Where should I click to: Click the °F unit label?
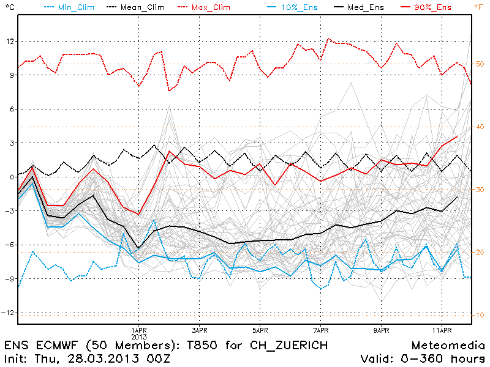click(478, 7)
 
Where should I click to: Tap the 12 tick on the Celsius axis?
click(9, 41)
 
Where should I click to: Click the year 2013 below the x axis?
click(139, 336)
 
